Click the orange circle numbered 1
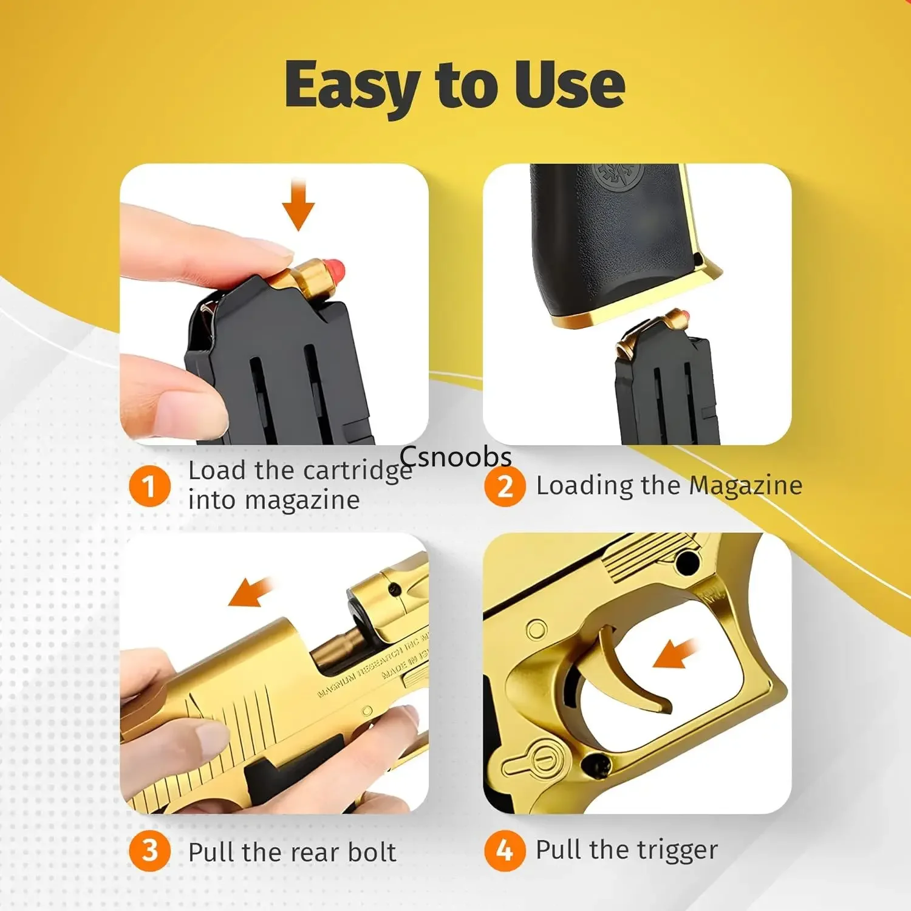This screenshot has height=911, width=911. pyautogui.click(x=149, y=486)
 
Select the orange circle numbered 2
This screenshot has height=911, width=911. pyautogui.click(x=505, y=486)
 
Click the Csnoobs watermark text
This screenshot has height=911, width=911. pyautogui.click(x=455, y=457)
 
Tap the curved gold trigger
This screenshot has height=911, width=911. pyautogui.click(x=632, y=674)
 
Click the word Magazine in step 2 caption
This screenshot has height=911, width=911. pyautogui.click(x=745, y=486)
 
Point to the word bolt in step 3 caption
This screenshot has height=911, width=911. pyautogui.click(x=372, y=852)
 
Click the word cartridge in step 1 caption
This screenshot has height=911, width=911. pyautogui.click(x=357, y=471)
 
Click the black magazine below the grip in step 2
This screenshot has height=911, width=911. pyautogui.click(x=665, y=389)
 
